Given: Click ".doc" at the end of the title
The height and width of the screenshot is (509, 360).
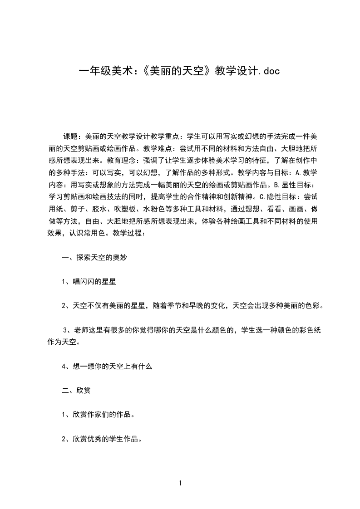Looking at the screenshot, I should tap(267, 71).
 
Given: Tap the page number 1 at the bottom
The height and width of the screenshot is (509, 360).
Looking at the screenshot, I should tap(180, 483).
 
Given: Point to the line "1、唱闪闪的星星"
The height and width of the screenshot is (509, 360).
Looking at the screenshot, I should tap(89, 282).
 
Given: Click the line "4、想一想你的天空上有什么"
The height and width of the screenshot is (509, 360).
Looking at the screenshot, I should tap(106, 367).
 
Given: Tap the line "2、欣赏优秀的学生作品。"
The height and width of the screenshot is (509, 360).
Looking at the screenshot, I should tap(102, 439).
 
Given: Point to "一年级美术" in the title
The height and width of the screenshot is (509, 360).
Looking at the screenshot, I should tap(104, 71).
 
